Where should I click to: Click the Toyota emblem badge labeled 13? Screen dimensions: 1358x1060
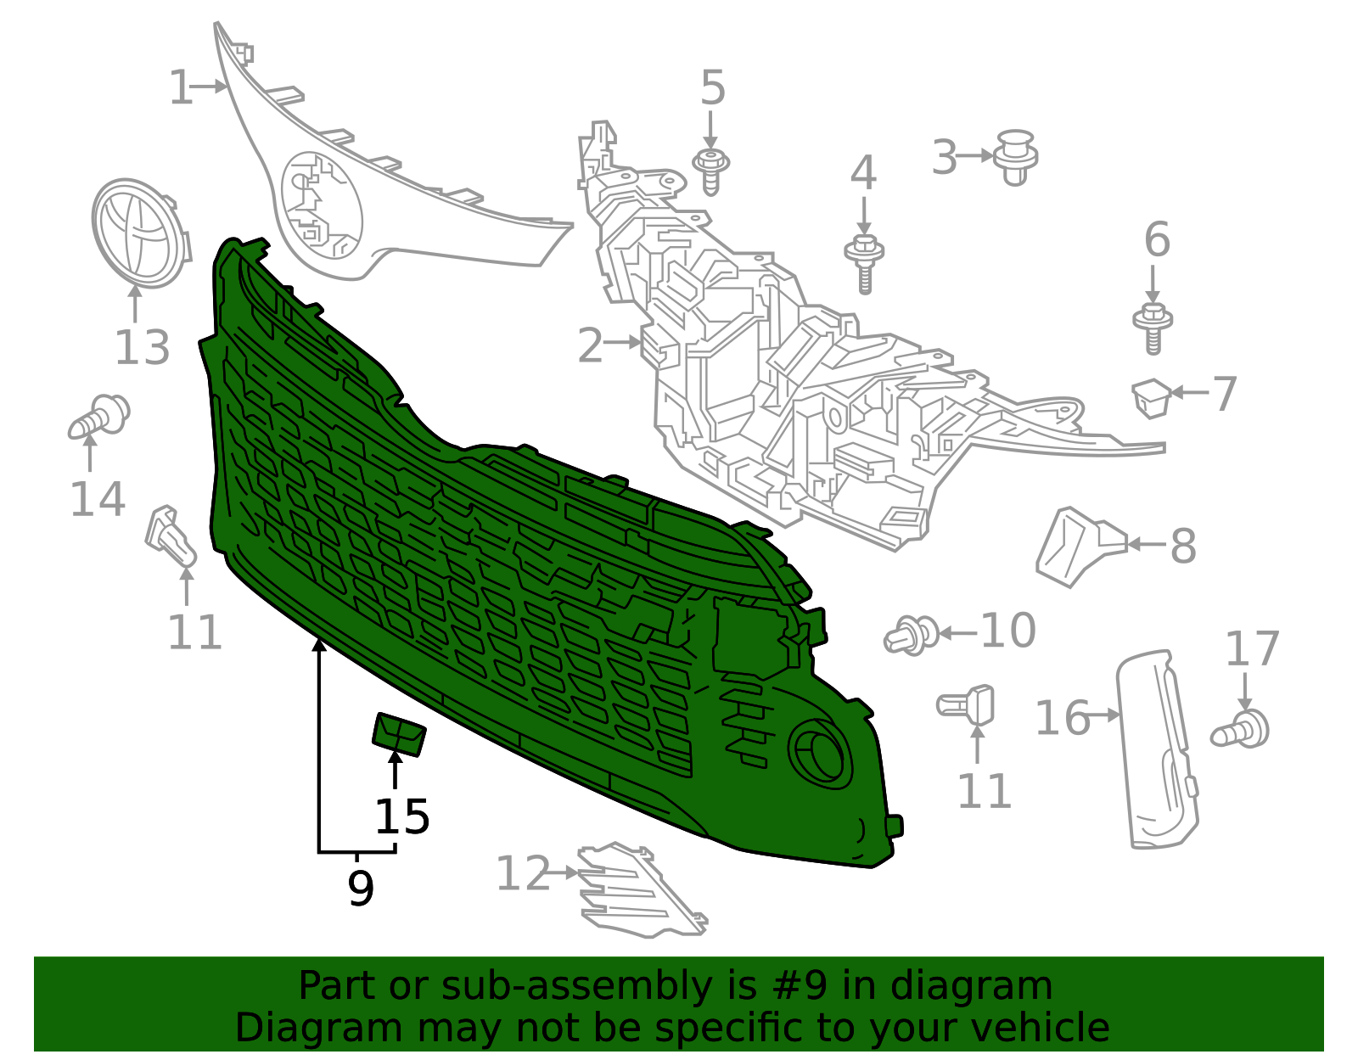coord(141,233)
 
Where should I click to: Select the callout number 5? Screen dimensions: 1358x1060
coord(712,87)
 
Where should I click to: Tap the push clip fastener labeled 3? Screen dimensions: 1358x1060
coord(1015,157)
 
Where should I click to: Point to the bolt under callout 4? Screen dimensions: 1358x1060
coord(864,263)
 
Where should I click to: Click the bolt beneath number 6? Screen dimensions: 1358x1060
coord(1153,328)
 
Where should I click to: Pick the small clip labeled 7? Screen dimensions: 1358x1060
coord(1151,398)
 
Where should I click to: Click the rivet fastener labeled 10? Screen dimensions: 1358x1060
coord(912,636)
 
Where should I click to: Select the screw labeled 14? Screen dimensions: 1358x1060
coord(98,417)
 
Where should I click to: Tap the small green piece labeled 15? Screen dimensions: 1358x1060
coord(399,734)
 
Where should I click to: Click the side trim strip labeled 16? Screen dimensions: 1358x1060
coord(1156,749)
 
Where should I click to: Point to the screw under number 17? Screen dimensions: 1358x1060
coord(1240,730)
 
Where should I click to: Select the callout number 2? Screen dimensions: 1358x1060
coord(590,345)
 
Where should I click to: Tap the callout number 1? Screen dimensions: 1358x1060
coord(181,87)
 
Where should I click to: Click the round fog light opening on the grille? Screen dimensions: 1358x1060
coord(820,754)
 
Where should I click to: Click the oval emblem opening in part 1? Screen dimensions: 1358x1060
coord(322,205)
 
